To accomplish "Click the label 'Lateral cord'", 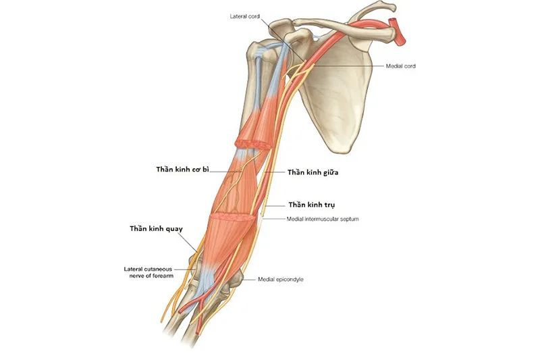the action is click(244, 16).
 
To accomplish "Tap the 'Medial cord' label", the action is click(400, 66).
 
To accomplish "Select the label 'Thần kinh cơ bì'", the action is click(182, 170).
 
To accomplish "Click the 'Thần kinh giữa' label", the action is click(313, 172).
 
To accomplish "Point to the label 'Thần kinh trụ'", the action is click(312, 205).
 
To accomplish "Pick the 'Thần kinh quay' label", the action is click(156, 228).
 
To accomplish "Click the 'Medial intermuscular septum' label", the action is click(323, 219).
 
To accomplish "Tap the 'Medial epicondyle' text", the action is click(281, 279).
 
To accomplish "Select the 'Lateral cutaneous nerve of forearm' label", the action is click(148, 272).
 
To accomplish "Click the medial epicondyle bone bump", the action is click(236, 279).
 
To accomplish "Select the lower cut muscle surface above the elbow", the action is click(233, 217).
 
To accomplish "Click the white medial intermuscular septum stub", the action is click(261, 220).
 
